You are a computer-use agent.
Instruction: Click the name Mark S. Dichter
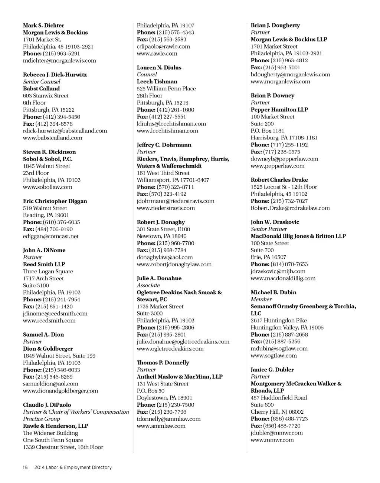tap(43, 26)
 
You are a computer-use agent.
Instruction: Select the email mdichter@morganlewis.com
tap(59, 61)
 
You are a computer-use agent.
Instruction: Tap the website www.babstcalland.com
tap(53, 138)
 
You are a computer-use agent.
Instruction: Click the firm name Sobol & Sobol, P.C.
tap(47, 159)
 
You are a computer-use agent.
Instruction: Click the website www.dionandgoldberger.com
tap(60, 391)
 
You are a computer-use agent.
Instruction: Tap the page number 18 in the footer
tap(25, 468)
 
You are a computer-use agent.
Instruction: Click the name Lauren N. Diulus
tap(159, 68)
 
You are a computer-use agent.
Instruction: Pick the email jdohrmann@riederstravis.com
tap(176, 201)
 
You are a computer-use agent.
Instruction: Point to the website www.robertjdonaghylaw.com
tap(174, 265)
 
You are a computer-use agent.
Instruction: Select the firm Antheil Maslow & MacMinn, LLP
tap(180, 377)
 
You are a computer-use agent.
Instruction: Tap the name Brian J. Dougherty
tap(275, 26)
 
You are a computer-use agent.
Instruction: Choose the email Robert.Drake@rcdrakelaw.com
tap(290, 208)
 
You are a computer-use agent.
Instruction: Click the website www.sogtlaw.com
tap(274, 356)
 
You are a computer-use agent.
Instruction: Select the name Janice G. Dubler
tap(272, 370)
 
